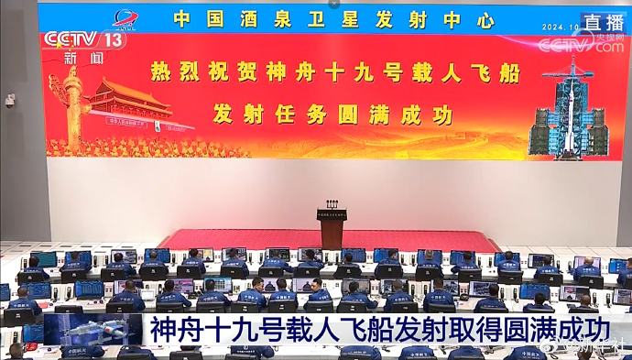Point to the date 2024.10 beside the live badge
tap(560, 27)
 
